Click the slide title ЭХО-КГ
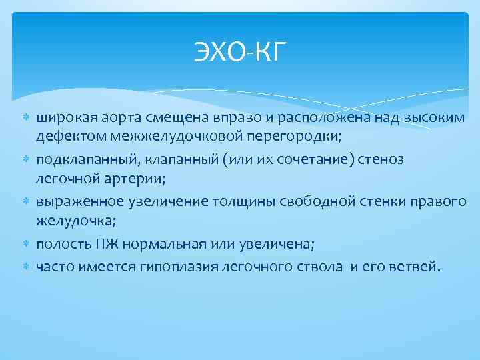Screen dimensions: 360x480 tap(239, 51)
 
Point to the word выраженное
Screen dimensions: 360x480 tap(76, 201)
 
